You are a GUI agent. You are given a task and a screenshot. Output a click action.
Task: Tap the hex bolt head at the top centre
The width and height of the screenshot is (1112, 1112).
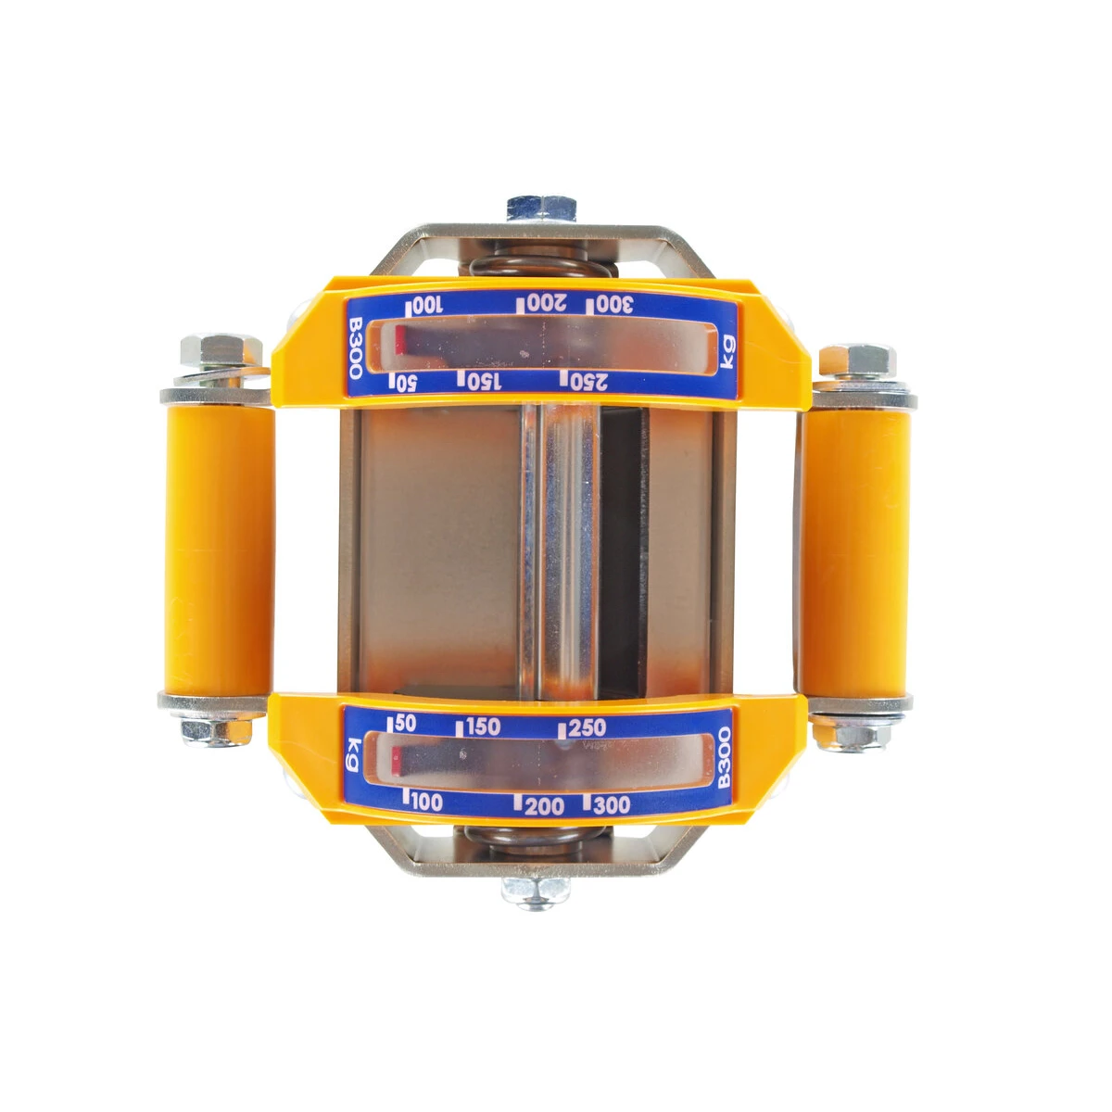click(x=541, y=208)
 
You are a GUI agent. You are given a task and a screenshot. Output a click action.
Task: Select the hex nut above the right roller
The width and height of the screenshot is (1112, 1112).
click(x=857, y=360)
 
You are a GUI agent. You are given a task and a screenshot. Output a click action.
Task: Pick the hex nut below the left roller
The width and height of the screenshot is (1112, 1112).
click(x=217, y=731)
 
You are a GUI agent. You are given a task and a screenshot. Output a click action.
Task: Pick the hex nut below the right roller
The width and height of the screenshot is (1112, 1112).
click(x=850, y=734)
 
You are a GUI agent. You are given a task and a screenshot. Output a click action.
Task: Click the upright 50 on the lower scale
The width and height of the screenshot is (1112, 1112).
click(x=405, y=724)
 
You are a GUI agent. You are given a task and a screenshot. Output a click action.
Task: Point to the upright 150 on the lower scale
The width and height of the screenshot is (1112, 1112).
click(x=483, y=727)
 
